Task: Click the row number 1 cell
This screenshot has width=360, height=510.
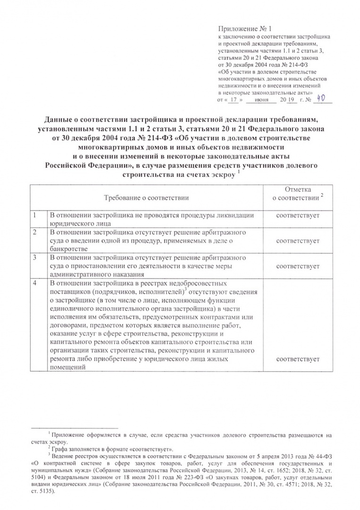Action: click(34, 215)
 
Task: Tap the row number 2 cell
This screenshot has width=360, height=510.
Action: click(34, 232)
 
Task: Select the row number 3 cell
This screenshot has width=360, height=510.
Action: click(34, 258)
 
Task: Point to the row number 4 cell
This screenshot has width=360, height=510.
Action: click(34, 283)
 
